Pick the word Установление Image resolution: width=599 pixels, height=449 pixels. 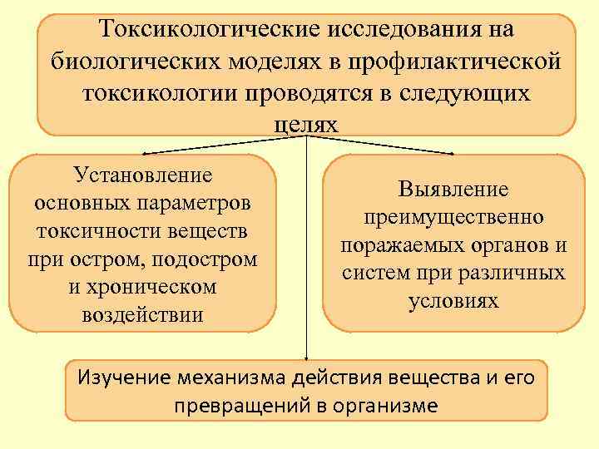coord(142,175)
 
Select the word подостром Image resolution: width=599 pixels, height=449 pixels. coord(205,259)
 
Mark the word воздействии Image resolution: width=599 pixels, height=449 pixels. coord(142,315)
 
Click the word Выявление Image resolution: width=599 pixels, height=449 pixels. coord(453,190)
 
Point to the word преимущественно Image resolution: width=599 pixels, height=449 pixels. coord(453,218)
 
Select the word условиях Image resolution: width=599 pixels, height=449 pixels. coord(453,300)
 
